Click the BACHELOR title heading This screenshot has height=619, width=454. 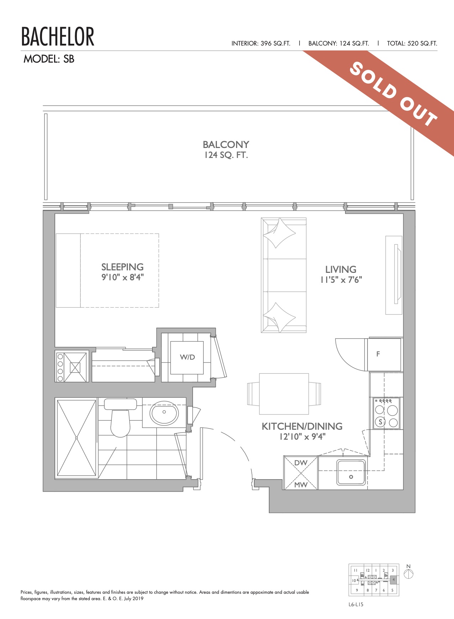click(58, 37)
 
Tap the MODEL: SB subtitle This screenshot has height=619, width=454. click(49, 59)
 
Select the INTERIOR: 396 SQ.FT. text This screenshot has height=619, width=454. click(261, 43)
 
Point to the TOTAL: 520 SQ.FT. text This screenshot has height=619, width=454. click(412, 43)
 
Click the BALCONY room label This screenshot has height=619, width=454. click(226, 144)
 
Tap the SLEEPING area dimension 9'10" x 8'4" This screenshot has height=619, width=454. click(122, 277)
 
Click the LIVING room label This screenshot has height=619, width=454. click(341, 269)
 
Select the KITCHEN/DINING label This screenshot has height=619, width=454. click(302, 426)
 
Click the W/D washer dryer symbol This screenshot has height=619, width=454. click(187, 358)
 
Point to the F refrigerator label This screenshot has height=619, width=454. click(378, 354)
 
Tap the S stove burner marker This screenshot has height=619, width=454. click(381, 422)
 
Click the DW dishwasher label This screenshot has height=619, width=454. click(301, 463)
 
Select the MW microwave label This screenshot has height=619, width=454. click(301, 485)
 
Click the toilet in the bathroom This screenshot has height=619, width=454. click(120, 418)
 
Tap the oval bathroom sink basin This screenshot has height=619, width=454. click(164, 413)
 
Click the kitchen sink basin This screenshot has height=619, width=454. click(351, 472)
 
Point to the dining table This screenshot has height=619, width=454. click(284, 394)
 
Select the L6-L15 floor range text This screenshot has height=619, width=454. click(356, 604)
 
